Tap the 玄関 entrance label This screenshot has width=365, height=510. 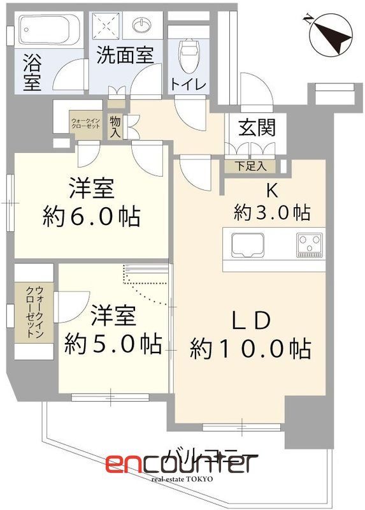(x=257, y=128)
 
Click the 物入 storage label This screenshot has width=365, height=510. (x=115, y=126)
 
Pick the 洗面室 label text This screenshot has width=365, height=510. (x=125, y=55)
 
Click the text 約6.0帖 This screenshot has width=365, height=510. (x=92, y=217)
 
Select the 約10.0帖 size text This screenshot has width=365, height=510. (x=250, y=348)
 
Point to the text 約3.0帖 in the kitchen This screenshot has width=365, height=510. (x=271, y=212)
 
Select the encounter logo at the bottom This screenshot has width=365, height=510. (x=182, y=463)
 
